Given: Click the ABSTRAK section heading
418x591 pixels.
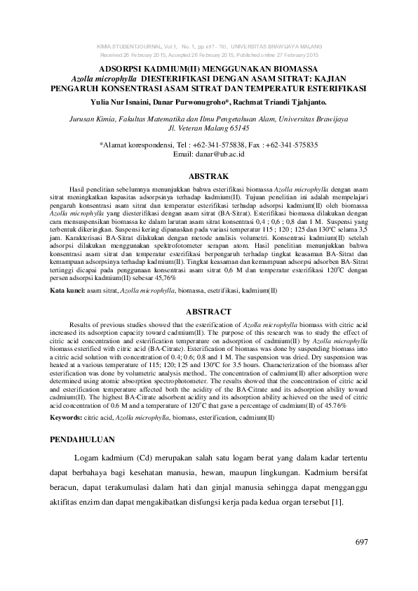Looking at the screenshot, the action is pyautogui.click(x=208, y=175).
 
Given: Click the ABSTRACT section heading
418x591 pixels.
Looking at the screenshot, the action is pyautogui.click(x=208, y=311).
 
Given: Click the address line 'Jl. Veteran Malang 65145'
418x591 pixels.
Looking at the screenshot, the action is pyautogui.click(x=208, y=130).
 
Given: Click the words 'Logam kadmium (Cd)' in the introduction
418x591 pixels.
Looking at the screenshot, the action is pyautogui.click(x=113, y=459).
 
